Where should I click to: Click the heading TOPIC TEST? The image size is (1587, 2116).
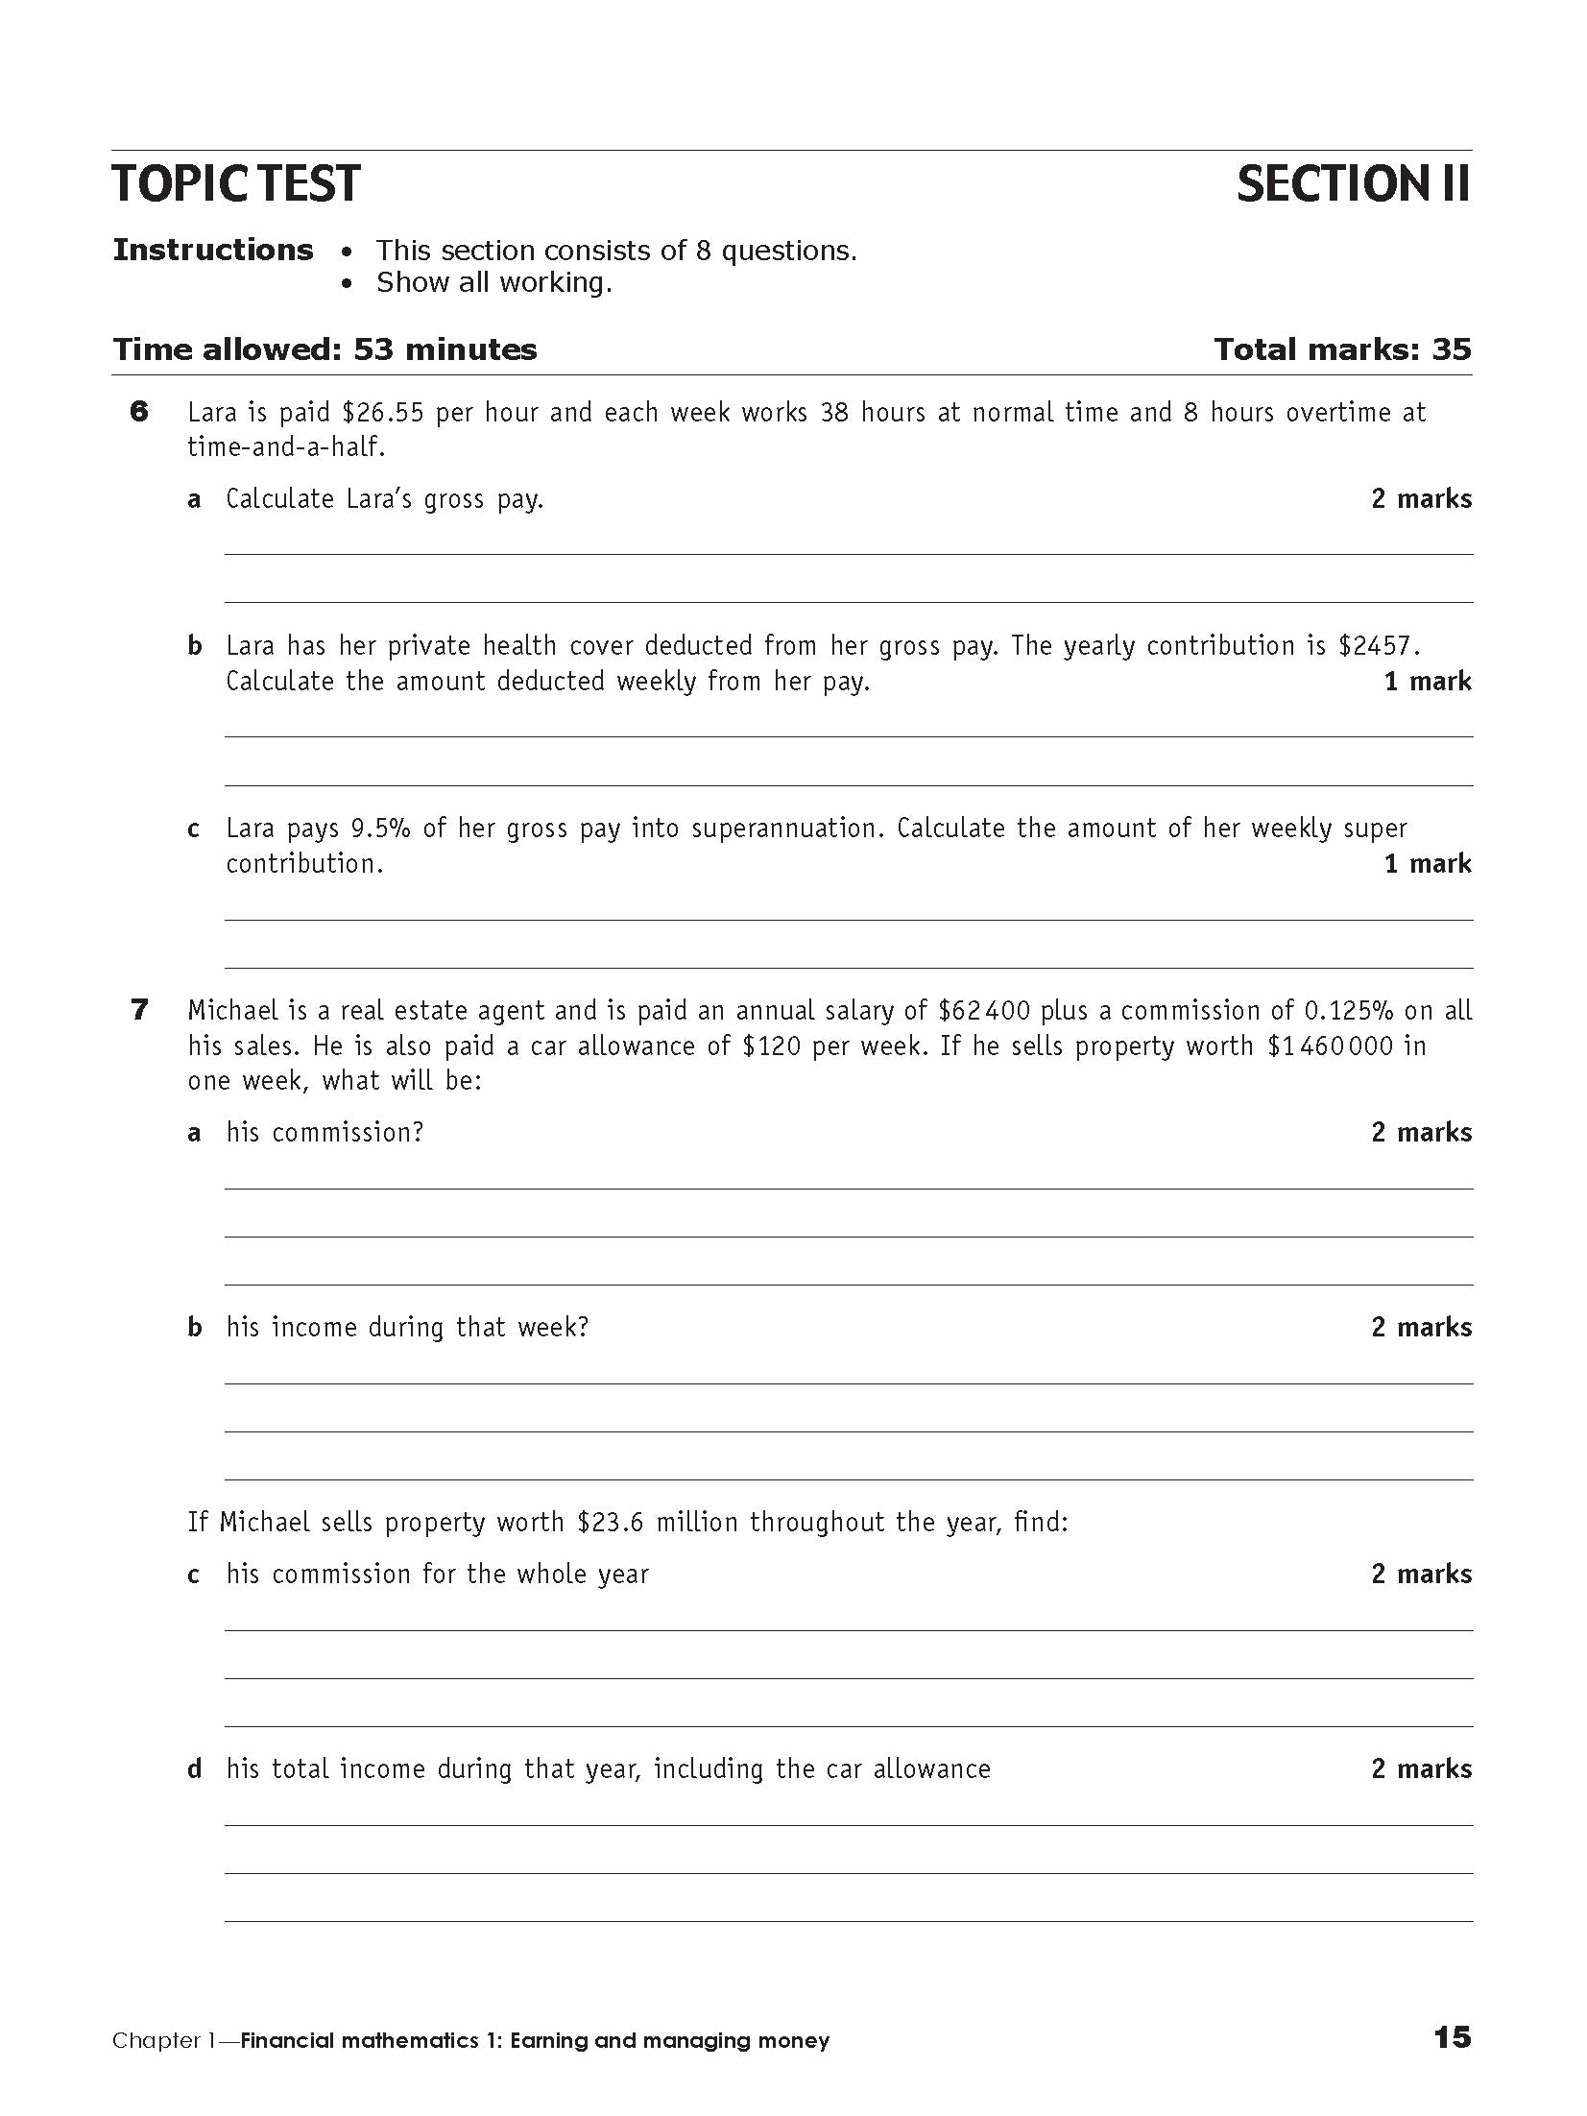click(236, 184)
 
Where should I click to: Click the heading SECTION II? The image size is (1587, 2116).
click(1353, 184)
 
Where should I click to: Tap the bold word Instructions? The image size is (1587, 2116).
click(213, 251)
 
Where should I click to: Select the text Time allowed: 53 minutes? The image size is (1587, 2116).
click(325, 349)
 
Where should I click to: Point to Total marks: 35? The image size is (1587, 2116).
click(1341, 349)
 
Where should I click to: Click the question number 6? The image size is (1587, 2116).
click(139, 413)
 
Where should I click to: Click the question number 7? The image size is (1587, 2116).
click(139, 1010)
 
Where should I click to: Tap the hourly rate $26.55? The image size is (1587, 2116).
click(382, 413)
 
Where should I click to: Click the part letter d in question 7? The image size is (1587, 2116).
click(195, 1769)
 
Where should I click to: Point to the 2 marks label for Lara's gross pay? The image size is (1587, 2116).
click(1421, 499)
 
